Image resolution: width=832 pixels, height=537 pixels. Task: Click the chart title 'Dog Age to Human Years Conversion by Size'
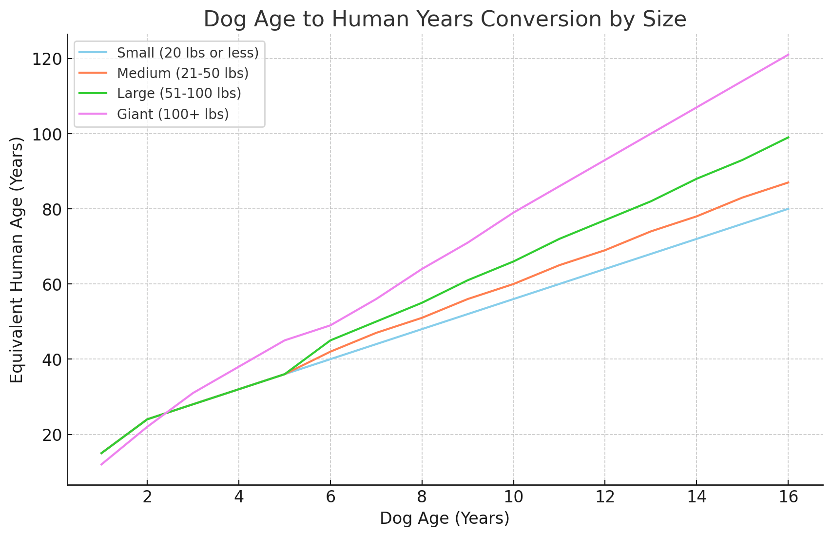[x=445, y=20]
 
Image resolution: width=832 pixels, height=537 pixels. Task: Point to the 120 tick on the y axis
[x=47, y=59]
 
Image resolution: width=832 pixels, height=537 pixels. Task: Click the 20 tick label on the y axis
[x=52, y=435]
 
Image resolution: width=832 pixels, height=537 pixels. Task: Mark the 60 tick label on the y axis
[x=52, y=284]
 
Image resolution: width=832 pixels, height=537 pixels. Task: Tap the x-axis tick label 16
[x=788, y=497]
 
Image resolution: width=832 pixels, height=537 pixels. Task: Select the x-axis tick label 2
[x=148, y=497]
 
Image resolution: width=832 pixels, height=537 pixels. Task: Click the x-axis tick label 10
[x=514, y=497]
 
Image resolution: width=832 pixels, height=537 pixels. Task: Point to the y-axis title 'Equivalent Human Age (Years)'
[x=17, y=260]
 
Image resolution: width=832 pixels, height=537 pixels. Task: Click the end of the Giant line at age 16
[x=788, y=55]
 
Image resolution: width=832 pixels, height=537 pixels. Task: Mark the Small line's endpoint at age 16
[x=788, y=209]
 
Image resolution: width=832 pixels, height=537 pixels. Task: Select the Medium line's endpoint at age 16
[x=788, y=182]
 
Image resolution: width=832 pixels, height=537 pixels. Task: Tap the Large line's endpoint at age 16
[x=788, y=138]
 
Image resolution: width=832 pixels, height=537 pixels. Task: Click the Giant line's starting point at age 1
[x=101, y=464]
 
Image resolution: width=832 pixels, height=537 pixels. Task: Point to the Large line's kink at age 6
[x=330, y=340]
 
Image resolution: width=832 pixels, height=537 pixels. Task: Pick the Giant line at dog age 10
[x=514, y=212]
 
